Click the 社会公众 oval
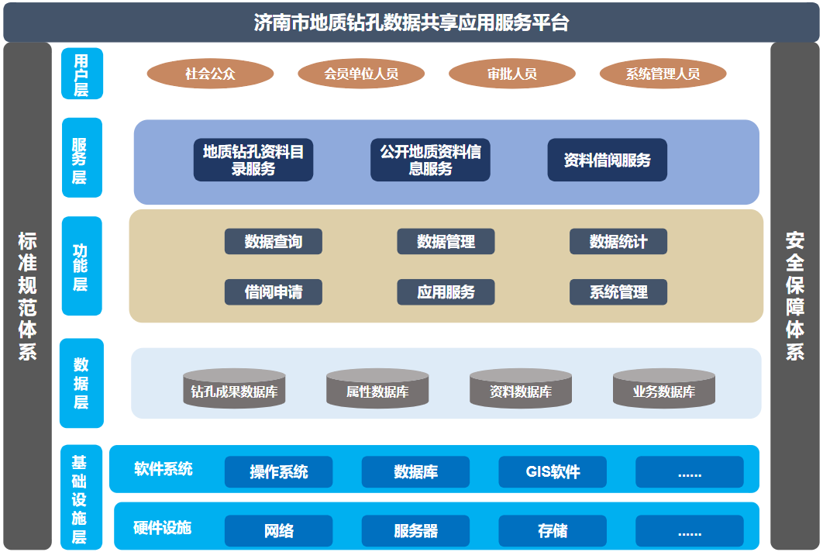[x=210, y=74]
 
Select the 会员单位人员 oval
[x=361, y=74]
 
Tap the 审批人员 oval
[x=511, y=74]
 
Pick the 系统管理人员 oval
[x=663, y=74]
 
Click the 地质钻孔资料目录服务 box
[x=253, y=160]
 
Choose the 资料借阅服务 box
[x=607, y=160]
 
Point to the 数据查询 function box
[x=274, y=242]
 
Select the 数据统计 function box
[x=618, y=242]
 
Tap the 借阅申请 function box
[x=274, y=292]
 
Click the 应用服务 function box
[x=446, y=292]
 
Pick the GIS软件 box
[x=553, y=472]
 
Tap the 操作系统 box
[x=278, y=472]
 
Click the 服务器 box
[x=415, y=531]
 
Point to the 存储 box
[x=553, y=531]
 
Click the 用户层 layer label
[x=81, y=74]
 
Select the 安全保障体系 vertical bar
[x=794, y=295]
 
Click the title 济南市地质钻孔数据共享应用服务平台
[x=411, y=22]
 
